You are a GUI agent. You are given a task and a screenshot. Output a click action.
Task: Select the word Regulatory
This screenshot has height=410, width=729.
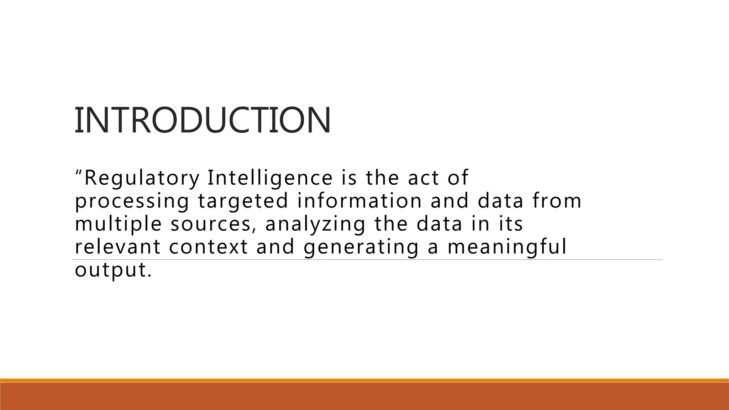click(142, 178)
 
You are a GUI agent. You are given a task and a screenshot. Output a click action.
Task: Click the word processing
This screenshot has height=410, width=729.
click(132, 201)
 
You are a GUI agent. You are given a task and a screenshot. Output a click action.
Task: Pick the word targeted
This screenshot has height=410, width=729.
click(243, 201)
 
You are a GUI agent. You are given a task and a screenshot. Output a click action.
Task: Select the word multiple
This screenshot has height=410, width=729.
click(119, 224)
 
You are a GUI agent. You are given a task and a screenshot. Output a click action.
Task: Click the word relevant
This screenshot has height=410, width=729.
click(118, 247)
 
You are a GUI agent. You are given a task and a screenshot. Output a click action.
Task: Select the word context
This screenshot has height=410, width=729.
click(208, 247)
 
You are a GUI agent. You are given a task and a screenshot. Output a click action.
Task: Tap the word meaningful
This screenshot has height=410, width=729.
click(507, 247)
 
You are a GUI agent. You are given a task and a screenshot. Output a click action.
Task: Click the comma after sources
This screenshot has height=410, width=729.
click(253, 231)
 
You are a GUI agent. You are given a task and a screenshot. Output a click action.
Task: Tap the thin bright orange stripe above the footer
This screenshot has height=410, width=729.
click(364, 380)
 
